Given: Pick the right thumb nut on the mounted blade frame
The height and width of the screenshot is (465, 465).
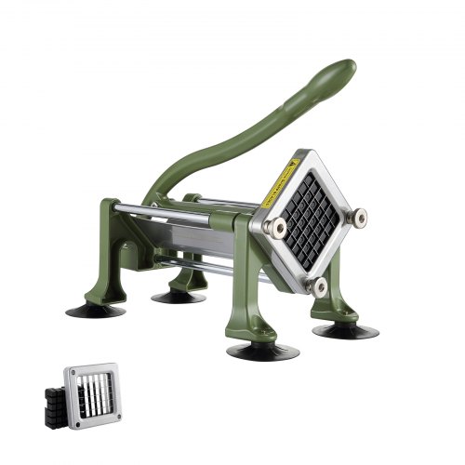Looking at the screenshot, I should (357, 217).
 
